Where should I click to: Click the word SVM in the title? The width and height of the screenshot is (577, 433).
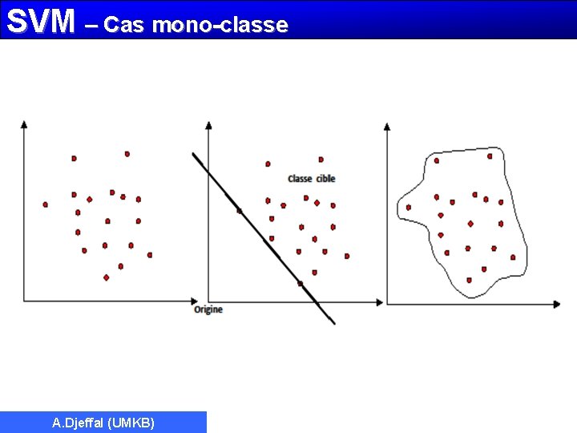(x=40, y=22)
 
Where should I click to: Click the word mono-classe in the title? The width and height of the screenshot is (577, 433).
(x=220, y=25)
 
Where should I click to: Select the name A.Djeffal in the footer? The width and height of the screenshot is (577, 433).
(x=78, y=423)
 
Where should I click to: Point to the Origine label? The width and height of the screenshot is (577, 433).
(x=208, y=310)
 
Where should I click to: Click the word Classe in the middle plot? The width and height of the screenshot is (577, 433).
(x=300, y=178)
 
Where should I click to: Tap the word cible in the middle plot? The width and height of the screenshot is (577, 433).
(x=325, y=178)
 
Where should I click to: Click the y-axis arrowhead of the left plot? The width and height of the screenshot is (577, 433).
(x=24, y=123)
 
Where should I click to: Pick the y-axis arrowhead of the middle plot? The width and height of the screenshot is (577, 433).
(x=208, y=124)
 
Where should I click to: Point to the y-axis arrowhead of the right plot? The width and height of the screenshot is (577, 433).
(x=387, y=127)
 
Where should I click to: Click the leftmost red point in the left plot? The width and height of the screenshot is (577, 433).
(x=45, y=204)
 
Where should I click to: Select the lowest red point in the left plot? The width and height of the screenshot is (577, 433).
(x=106, y=277)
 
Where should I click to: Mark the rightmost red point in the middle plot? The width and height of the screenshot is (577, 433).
(x=347, y=256)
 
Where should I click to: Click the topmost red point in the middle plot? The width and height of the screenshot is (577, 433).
(x=321, y=160)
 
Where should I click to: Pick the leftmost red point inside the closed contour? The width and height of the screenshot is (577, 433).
(x=408, y=208)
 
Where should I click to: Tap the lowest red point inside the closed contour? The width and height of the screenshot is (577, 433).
(x=470, y=281)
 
